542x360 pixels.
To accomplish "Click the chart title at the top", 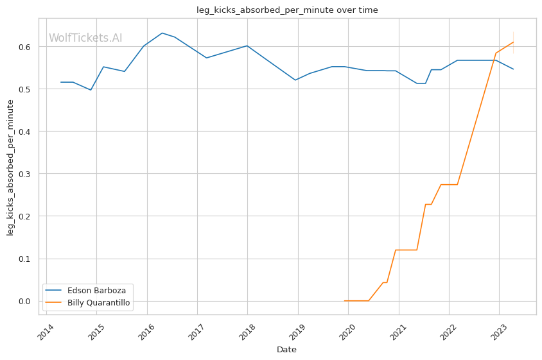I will click(x=287, y=10).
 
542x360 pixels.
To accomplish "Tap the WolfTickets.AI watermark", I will click(x=85, y=38).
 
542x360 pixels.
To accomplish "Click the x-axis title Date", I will click(x=286, y=350).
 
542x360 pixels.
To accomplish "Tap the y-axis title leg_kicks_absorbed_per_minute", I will click(x=10, y=167).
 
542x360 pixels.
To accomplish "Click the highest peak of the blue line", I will click(x=162, y=33).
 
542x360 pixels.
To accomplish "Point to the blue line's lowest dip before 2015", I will click(x=91, y=90).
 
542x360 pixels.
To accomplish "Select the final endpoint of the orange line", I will click(x=513, y=42).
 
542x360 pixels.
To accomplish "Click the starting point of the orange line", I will click(x=345, y=300).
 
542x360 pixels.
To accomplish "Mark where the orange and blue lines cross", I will click(x=494, y=60).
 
